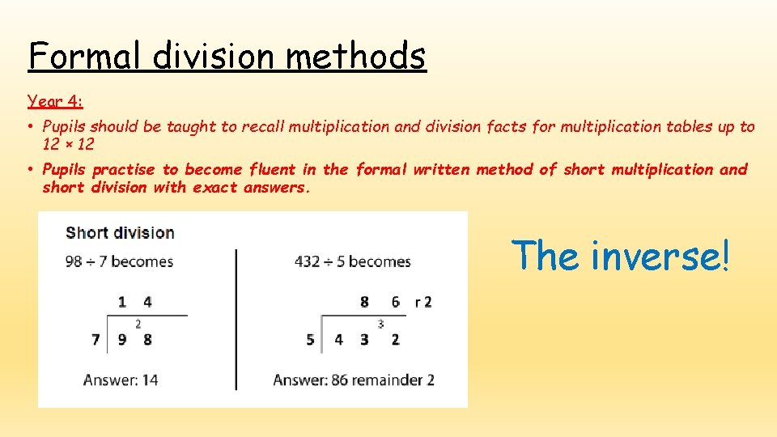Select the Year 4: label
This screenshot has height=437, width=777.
click(55, 101)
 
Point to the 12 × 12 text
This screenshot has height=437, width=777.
click(69, 144)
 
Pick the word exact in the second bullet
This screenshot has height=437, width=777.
click(214, 187)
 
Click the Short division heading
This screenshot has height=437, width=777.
click(120, 232)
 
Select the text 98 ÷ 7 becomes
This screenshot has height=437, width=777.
click(119, 261)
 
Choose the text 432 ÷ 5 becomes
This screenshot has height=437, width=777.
click(352, 261)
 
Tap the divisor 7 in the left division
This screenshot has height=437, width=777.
click(96, 340)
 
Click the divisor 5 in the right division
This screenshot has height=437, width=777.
click(311, 340)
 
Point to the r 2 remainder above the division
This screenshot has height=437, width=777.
click(423, 302)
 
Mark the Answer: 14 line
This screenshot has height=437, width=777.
click(121, 380)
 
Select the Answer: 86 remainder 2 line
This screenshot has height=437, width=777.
click(354, 380)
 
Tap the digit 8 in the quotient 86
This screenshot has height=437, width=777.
click(364, 302)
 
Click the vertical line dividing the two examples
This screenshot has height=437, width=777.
click(236, 319)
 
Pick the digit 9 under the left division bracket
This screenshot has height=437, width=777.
click(122, 340)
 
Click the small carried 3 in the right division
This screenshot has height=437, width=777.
click(380, 324)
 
